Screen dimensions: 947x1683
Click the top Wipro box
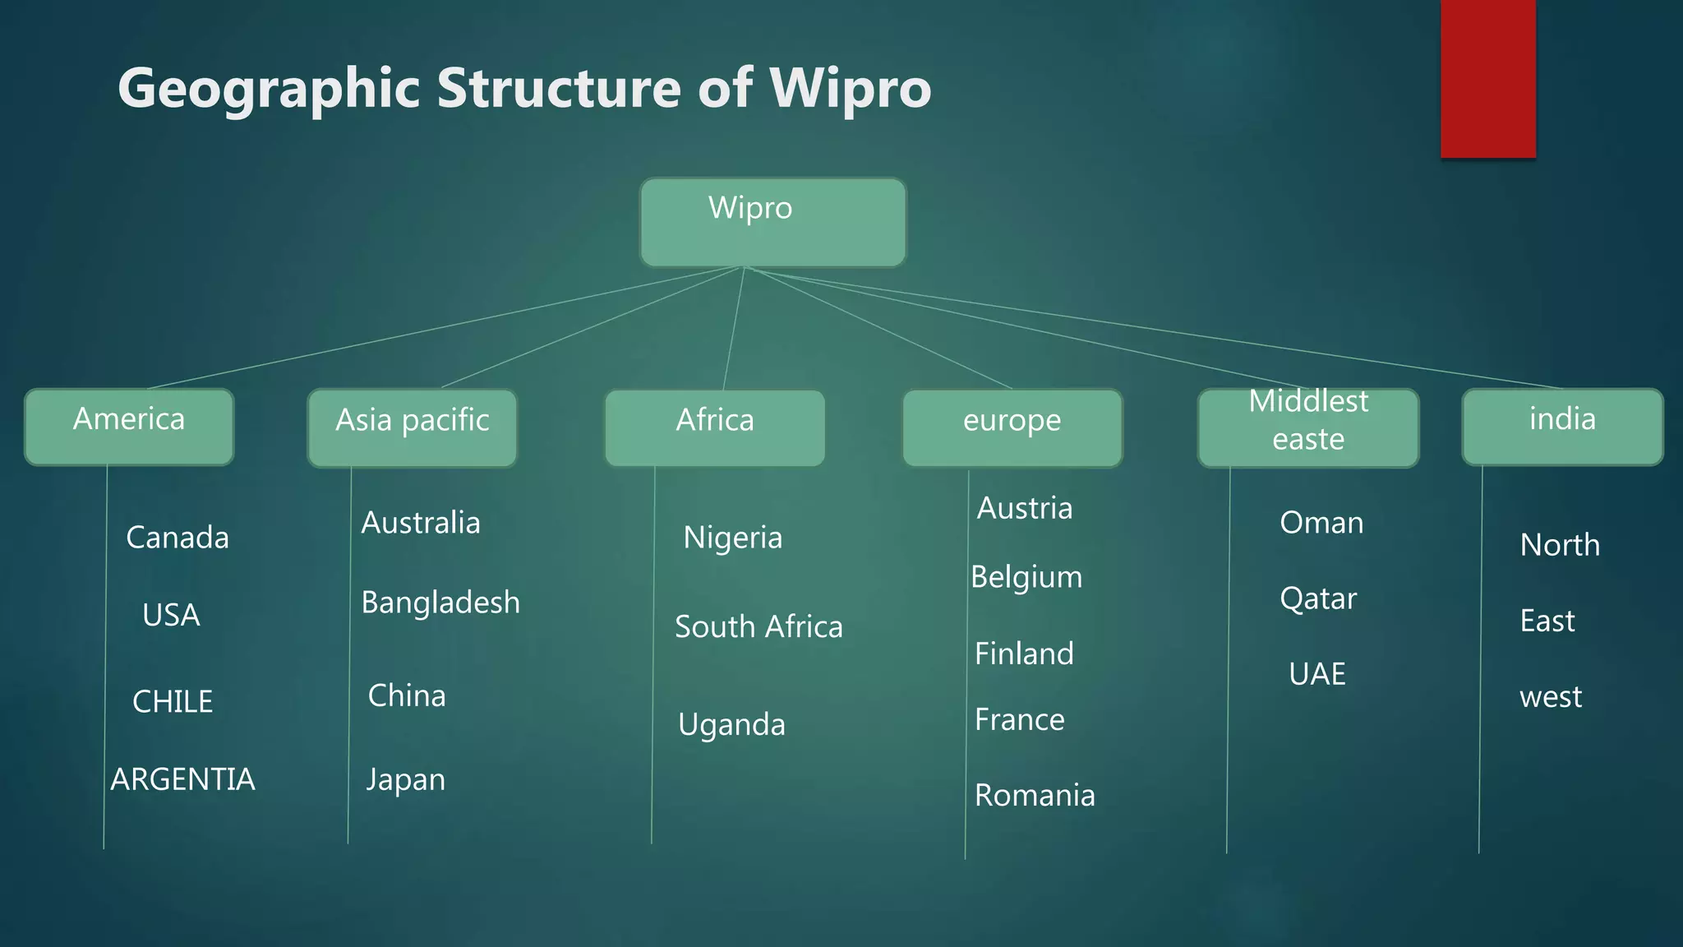click(x=772, y=223)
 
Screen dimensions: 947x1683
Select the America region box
click(x=129, y=427)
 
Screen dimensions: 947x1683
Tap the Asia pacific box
click(x=413, y=428)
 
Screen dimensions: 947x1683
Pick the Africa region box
click(x=714, y=428)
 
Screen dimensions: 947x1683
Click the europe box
click(x=1012, y=428)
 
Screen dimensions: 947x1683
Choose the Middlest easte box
click(x=1308, y=428)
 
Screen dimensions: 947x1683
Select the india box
click(x=1562, y=427)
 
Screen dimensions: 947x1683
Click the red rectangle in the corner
click(x=1487, y=78)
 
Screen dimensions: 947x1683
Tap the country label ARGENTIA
click(x=182, y=779)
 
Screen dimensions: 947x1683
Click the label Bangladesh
click(x=440, y=603)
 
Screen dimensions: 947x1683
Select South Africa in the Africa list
click(x=759, y=626)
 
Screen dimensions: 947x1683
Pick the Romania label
click(x=1035, y=795)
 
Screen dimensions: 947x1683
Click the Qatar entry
click(x=1318, y=598)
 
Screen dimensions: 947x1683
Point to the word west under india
click(x=1551, y=697)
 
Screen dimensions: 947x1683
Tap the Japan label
click(x=406, y=779)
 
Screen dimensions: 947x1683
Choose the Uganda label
click(x=731, y=724)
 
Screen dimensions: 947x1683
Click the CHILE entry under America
click(x=173, y=701)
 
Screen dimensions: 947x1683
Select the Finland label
click(x=1024, y=654)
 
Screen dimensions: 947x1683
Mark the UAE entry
click(x=1317, y=674)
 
